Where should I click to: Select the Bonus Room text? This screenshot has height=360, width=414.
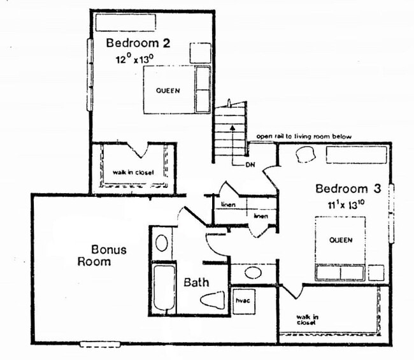click(x=102, y=255)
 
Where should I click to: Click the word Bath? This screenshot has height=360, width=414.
click(x=196, y=282)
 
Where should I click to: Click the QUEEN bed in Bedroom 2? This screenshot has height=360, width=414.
click(x=168, y=90)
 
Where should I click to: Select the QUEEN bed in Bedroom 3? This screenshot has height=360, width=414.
click(x=340, y=241)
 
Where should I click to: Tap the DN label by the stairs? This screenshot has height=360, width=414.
click(x=250, y=164)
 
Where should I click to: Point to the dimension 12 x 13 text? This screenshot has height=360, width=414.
click(x=134, y=59)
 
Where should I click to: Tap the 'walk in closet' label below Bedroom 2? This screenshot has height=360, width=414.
click(x=134, y=172)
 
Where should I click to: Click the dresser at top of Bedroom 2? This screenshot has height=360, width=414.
click(x=125, y=22)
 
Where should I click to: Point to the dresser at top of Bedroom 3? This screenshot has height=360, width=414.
click(x=356, y=155)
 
